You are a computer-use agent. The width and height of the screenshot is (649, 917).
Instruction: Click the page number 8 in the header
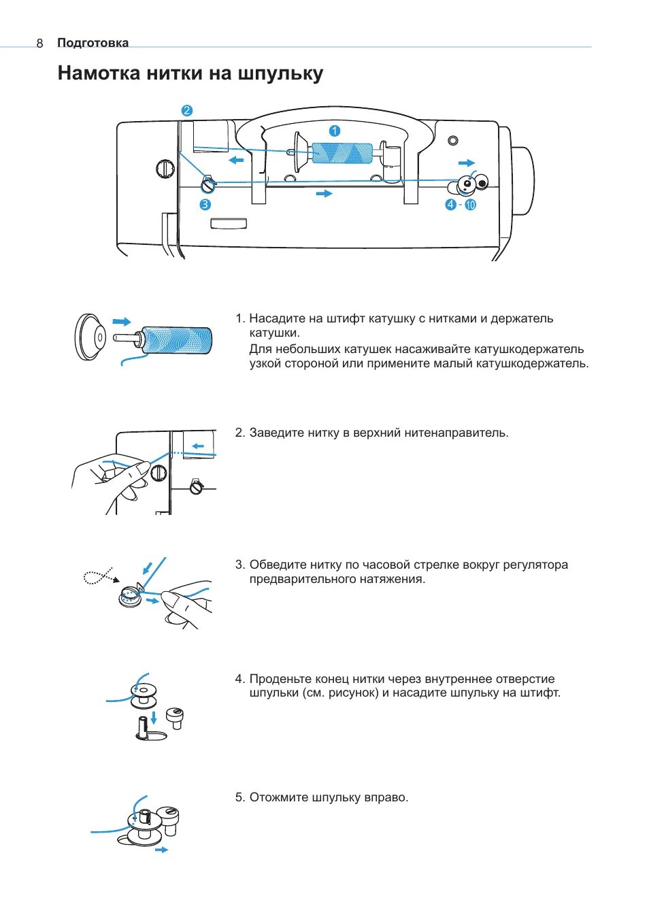click(x=39, y=44)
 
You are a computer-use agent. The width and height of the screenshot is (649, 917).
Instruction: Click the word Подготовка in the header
click(x=93, y=43)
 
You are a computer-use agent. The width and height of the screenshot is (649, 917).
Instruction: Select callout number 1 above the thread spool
click(x=334, y=131)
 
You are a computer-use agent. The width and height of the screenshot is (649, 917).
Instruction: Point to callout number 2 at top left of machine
click(x=186, y=110)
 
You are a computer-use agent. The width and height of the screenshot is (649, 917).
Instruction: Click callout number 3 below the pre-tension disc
click(x=205, y=204)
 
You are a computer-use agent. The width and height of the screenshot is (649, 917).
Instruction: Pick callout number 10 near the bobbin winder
click(x=470, y=204)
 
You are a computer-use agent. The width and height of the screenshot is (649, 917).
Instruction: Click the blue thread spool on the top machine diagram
click(x=342, y=154)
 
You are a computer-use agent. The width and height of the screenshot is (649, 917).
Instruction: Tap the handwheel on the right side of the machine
click(x=521, y=180)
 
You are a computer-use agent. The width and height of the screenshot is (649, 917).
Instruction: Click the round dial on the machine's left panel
click(x=165, y=168)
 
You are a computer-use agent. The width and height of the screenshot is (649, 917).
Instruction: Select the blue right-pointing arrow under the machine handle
click(x=324, y=194)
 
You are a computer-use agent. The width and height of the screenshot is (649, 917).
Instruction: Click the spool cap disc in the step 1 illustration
click(x=89, y=336)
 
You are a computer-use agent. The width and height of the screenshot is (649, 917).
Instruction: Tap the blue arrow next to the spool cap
click(x=122, y=322)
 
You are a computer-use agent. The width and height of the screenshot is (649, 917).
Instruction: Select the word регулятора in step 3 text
click(x=535, y=565)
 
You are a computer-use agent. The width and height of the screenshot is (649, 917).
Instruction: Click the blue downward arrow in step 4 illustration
click(x=154, y=716)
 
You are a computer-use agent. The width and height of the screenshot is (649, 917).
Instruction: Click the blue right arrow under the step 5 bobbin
click(x=161, y=850)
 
